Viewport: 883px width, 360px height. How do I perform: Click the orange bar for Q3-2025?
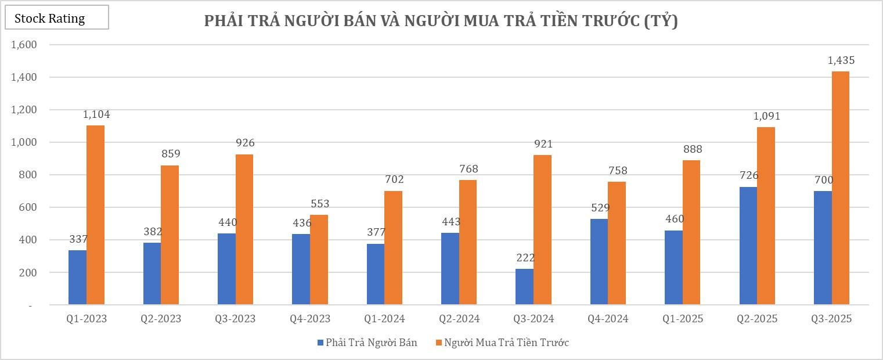pyautogui.click(x=840, y=188)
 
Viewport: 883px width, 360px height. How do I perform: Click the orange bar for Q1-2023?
pyautogui.click(x=95, y=215)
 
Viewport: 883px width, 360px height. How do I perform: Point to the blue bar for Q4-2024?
pyautogui.click(x=599, y=262)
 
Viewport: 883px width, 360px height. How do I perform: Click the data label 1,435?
pyautogui.click(x=841, y=60)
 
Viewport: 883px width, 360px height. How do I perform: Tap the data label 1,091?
pyautogui.click(x=767, y=116)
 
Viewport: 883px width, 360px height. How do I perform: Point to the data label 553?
pyautogui.click(x=320, y=204)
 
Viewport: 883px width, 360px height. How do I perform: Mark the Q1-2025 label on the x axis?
pyautogui.click(x=684, y=319)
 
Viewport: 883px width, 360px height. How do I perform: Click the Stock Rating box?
pyautogui.click(x=56, y=18)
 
